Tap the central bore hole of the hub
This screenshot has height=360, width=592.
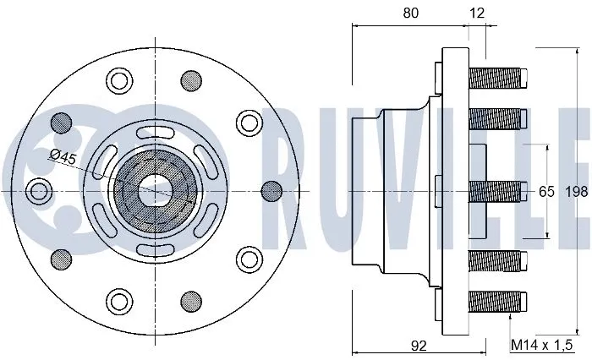pos(154,190)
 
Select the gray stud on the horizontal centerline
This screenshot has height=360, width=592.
pos(271,190)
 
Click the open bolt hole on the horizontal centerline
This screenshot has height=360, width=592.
pos(37,190)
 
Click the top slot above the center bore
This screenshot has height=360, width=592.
pos(154,130)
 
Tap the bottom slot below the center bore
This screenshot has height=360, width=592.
pos(154,250)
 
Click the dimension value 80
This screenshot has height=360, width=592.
pos(410,13)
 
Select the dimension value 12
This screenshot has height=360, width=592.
pos(477,13)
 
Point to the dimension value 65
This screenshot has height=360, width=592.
pos(546,192)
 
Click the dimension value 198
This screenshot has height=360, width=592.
pos(576,192)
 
